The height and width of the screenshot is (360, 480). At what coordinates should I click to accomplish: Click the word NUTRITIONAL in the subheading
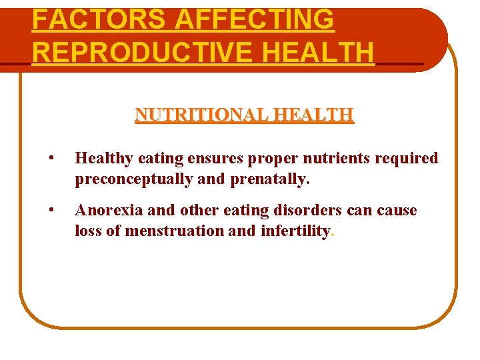tap(195, 115)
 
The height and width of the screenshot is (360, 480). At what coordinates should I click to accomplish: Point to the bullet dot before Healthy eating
tap(51, 159)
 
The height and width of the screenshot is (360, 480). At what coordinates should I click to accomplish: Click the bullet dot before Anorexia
tap(51, 211)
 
